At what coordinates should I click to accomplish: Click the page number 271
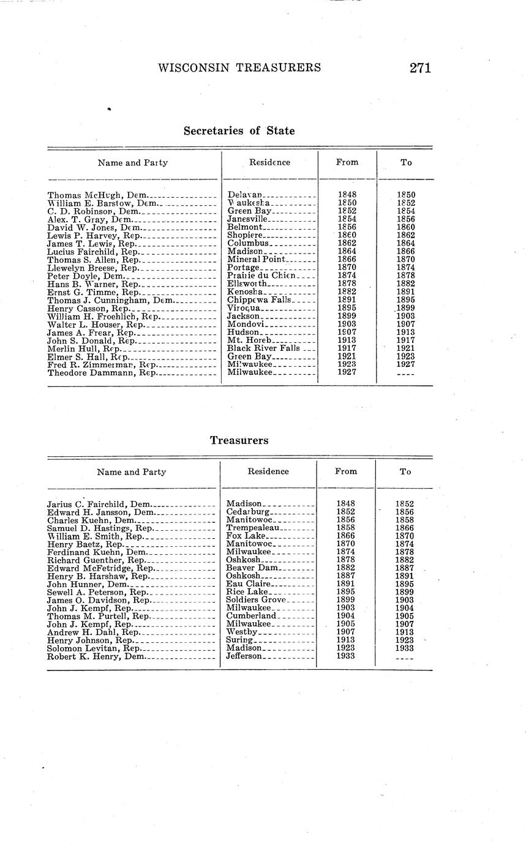pos(420,67)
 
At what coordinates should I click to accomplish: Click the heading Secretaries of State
pos(239,130)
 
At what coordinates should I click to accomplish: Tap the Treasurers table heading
pos(239,440)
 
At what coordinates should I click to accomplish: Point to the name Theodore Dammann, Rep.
pos(102,372)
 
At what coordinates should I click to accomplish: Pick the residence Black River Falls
pos(263,348)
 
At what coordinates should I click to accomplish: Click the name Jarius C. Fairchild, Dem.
pos(99,504)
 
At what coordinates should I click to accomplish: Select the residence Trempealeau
pos(253,528)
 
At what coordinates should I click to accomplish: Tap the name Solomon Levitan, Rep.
pos(94,648)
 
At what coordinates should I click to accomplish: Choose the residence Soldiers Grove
pos(257,600)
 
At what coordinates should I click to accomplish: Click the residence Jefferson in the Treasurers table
pos(244,656)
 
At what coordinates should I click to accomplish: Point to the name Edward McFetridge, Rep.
pos(100,568)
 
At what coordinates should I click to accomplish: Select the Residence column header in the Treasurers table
pos(268,471)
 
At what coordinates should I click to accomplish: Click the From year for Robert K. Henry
pos(346,656)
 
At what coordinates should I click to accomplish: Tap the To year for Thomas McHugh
pos(406,195)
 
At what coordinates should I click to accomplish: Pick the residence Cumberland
pos(252,616)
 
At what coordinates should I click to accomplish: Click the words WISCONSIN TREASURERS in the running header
pos(239,67)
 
